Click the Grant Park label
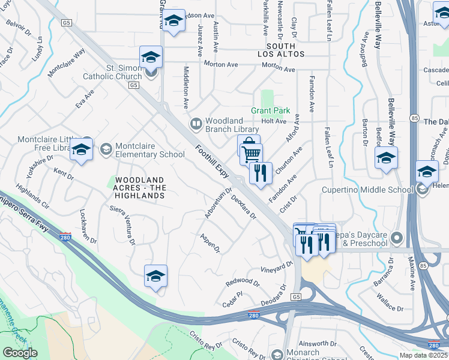click(270, 110)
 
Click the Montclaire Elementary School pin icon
click(106, 149)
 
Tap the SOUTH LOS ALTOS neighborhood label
click(281, 50)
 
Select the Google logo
click(20, 352)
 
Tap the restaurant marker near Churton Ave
click(261, 173)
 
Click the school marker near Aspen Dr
click(155, 276)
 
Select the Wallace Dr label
click(391, 302)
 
